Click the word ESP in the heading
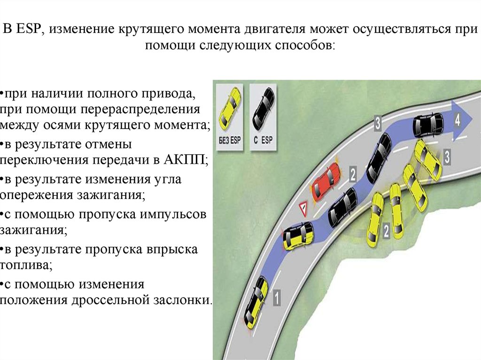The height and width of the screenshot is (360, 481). [30, 29]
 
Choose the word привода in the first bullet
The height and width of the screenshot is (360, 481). [167, 92]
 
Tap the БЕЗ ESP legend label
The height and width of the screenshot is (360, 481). [230, 140]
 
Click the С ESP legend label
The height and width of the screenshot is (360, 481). [263, 140]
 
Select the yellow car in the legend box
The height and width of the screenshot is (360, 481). [230, 107]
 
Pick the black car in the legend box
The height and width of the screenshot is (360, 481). [263, 107]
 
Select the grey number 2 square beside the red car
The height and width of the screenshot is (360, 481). [353, 175]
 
